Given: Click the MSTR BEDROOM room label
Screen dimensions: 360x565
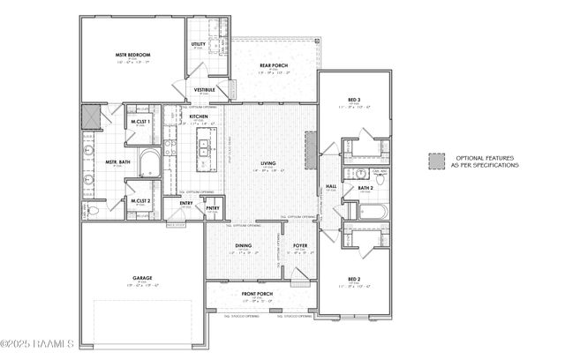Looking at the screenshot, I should coord(131,55).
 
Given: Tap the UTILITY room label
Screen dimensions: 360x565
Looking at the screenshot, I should coord(200,43).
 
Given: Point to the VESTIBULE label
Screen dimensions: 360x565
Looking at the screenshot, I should coord(205,89).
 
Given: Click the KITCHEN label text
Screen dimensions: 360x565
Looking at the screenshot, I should coord(200,116).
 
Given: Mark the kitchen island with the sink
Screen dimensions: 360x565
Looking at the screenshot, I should coord(203,149).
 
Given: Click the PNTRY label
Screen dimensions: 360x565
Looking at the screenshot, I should coord(213,208).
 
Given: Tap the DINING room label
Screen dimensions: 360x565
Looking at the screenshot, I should coord(243,246).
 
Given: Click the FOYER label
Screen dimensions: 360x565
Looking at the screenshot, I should coord(300,246).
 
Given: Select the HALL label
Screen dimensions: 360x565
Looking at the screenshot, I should coord(331,186).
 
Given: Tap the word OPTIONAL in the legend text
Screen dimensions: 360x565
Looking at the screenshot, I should coord(468,157).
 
